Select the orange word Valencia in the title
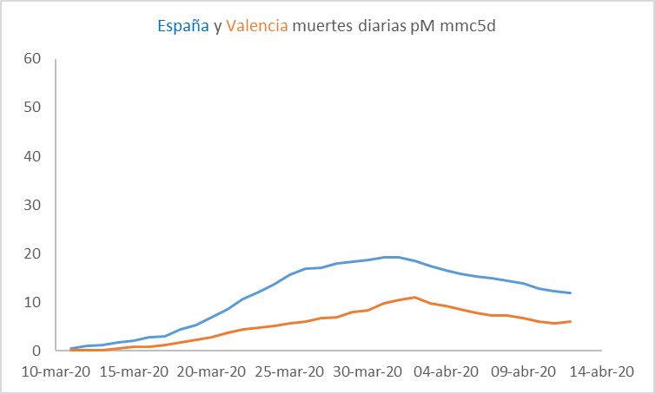coord(256,26)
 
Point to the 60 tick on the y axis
coord(33,59)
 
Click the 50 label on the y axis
coord(33,108)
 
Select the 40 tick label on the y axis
coord(33,156)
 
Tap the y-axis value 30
coord(33,205)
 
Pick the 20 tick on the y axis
coord(33,253)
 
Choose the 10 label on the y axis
coord(33,302)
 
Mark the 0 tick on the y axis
coord(37,351)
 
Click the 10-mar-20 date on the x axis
coord(56,371)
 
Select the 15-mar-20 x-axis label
coord(133,371)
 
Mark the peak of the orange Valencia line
coord(415,298)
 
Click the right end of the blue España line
coord(570,292)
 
